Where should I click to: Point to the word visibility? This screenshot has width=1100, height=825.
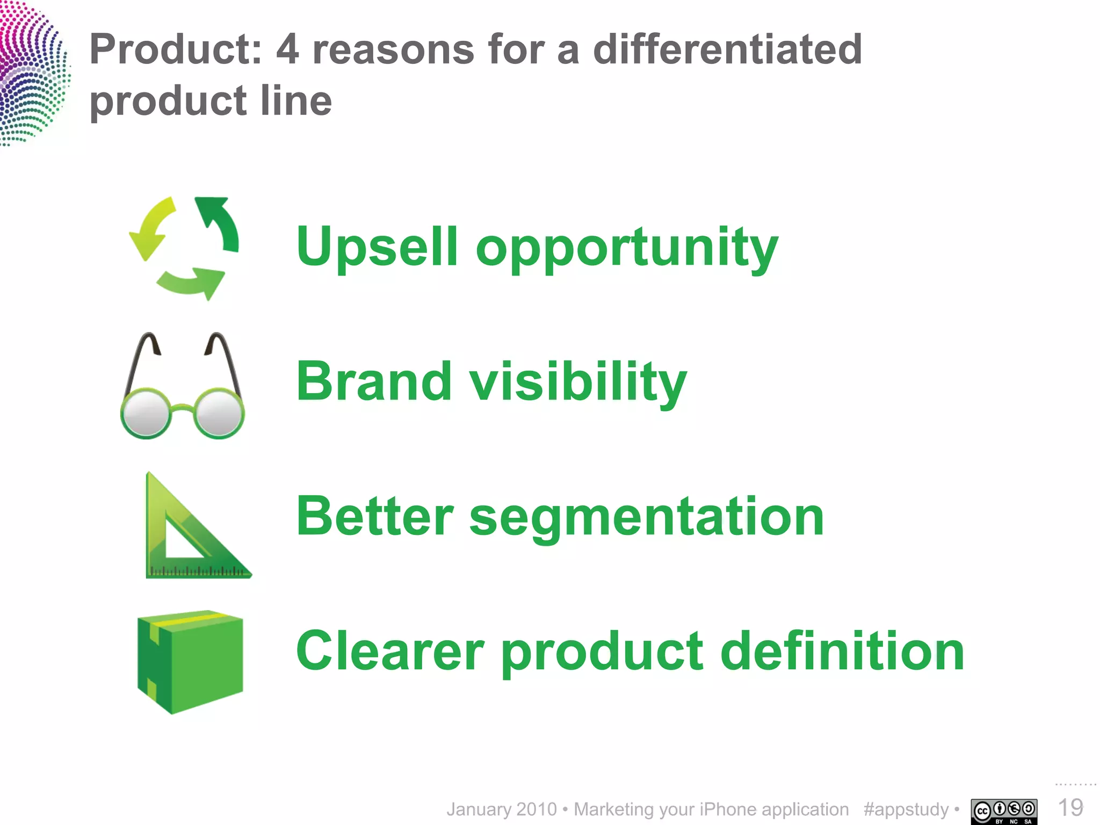(x=578, y=382)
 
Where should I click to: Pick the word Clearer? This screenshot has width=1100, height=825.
(x=390, y=651)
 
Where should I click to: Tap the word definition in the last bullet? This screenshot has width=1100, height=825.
(x=842, y=651)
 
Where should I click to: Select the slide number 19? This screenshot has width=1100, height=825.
(x=1069, y=808)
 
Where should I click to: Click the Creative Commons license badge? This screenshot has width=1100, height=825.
(x=1003, y=811)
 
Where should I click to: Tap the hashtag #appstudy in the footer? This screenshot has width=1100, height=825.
(x=906, y=809)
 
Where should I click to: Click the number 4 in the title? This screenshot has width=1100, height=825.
(x=287, y=49)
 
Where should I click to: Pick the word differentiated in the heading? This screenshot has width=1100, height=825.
(x=727, y=49)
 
